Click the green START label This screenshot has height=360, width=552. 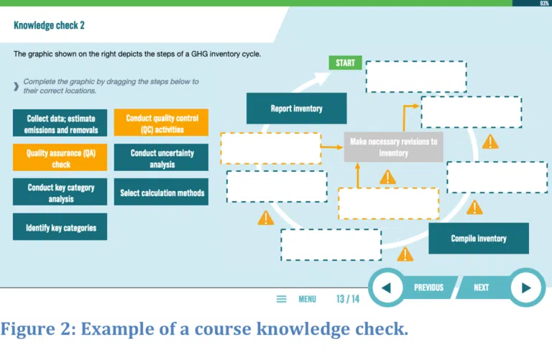pyautogui.click(x=345, y=63)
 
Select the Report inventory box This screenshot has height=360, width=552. pyautogui.click(x=296, y=109)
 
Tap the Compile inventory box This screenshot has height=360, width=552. pyautogui.click(x=479, y=239)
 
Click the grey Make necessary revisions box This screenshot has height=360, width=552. pyautogui.click(x=393, y=147)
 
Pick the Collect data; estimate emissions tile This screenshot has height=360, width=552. pyautogui.click(x=60, y=123)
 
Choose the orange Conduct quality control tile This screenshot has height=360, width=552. pyautogui.click(x=161, y=123)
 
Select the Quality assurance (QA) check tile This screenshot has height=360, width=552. pyautogui.click(x=60, y=157)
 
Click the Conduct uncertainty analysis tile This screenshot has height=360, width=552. pyautogui.click(x=161, y=157)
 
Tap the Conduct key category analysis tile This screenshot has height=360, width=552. pyautogui.click(x=60, y=192)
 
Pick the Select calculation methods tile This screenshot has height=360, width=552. pyautogui.click(x=161, y=192)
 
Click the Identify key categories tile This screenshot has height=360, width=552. pyautogui.click(x=60, y=226)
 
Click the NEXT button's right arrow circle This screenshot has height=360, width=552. pyautogui.click(x=526, y=287)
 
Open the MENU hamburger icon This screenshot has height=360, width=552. pyautogui.click(x=281, y=299)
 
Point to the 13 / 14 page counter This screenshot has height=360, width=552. pyautogui.click(x=348, y=299)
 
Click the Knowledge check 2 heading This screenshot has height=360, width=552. pyautogui.click(x=50, y=25)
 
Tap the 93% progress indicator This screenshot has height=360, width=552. pyautogui.click(x=544, y=3)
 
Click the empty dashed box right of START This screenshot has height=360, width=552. pyautogui.click(x=416, y=77)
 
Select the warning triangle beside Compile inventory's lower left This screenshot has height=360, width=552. pyautogui.click(x=405, y=254)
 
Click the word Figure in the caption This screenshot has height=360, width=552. pyautogui.click(x=28, y=329)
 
